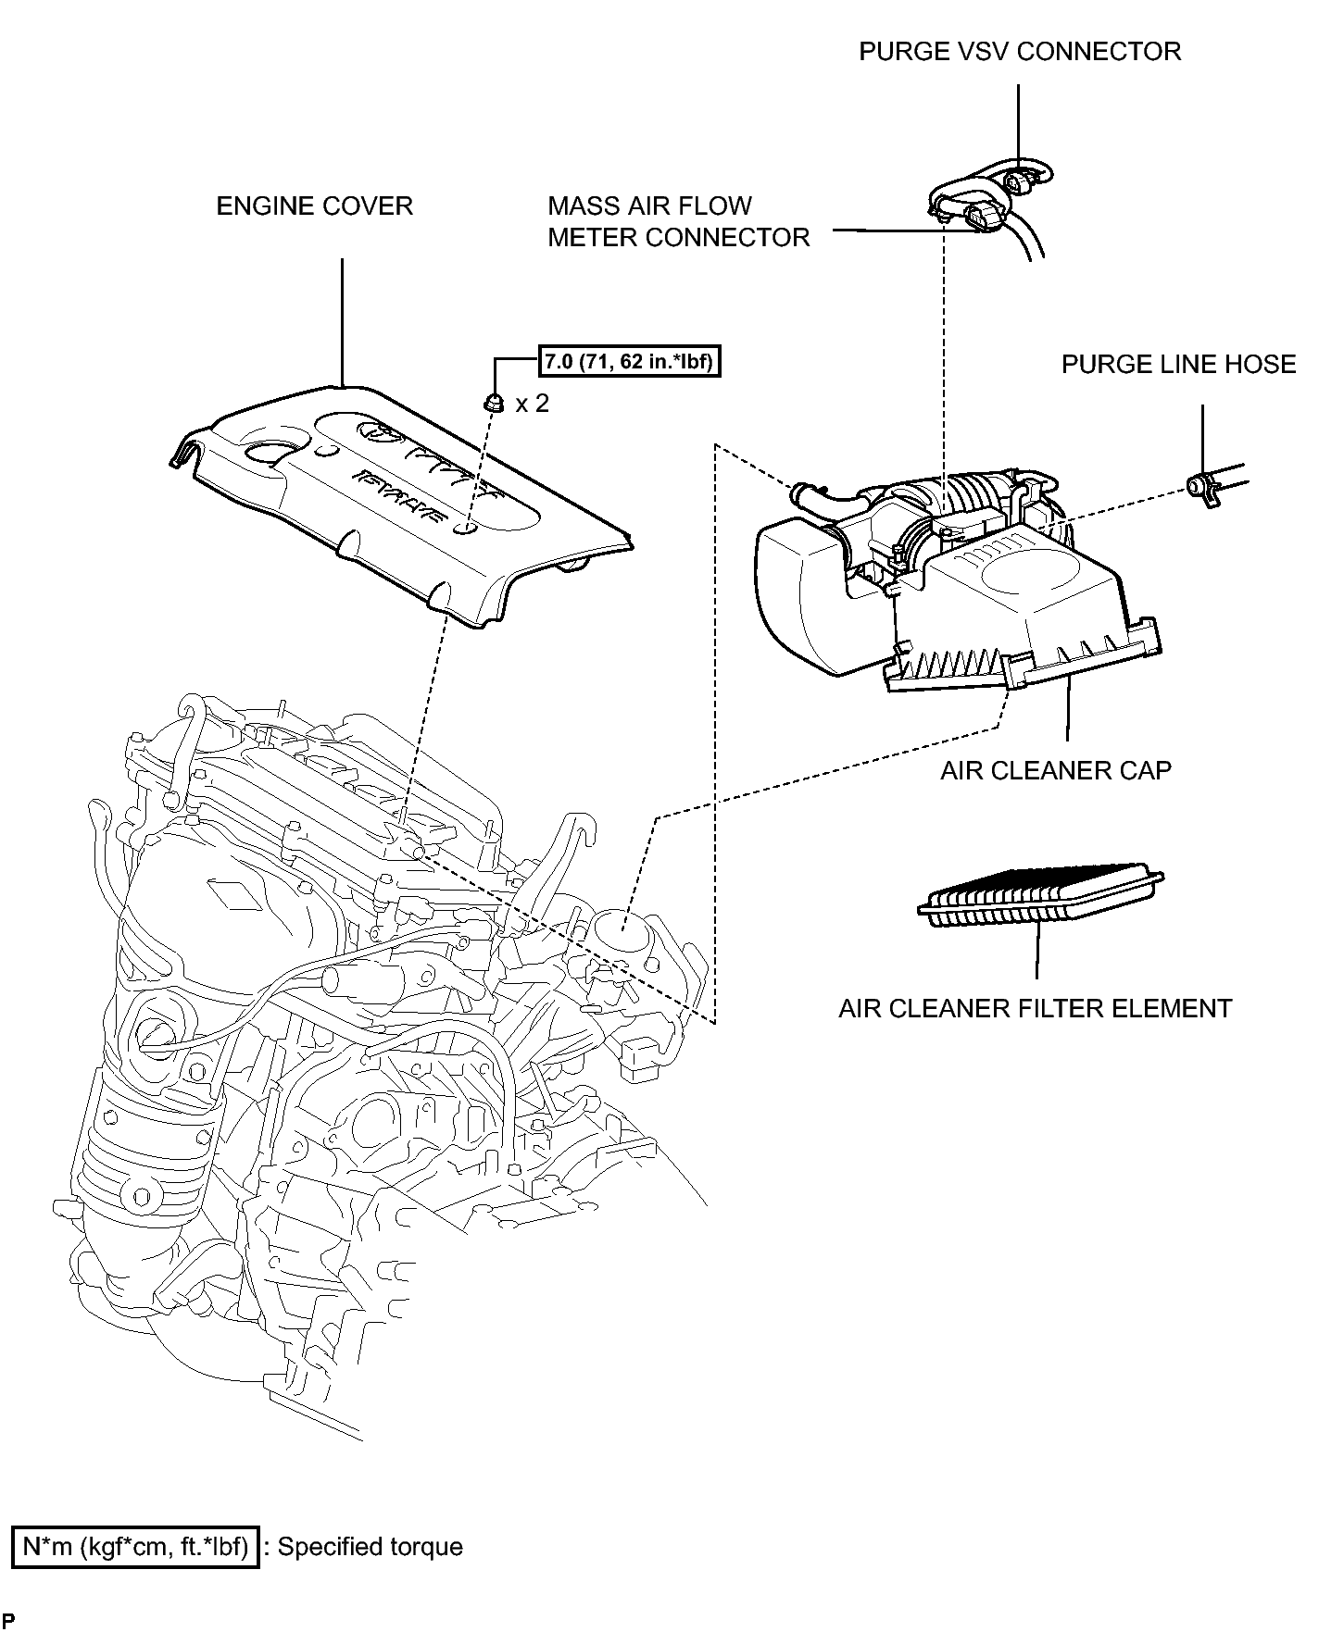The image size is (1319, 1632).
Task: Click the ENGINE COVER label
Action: pyautogui.click(x=314, y=206)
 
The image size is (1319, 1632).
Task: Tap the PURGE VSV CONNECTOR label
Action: pyautogui.click(x=1019, y=51)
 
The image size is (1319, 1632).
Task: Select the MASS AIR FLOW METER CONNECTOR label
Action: pyautogui.click(x=678, y=221)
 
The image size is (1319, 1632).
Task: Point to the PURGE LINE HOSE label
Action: pyautogui.click(x=1177, y=365)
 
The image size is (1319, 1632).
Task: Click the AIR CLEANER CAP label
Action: pyautogui.click(x=1055, y=770)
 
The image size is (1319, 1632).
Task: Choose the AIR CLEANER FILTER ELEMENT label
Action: pyautogui.click(x=1035, y=1008)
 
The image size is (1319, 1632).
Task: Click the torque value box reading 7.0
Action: pyautogui.click(x=629, y=361)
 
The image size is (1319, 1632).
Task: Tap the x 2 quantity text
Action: pyautogui.click(x=532, y=404)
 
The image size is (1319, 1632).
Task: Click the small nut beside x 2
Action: pyautogui.click(x=495, y=403)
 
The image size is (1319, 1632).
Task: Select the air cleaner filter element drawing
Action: pyautogui.click(x=1039, y=895)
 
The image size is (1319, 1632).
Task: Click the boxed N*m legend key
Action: pyautogui.click(x=134, y=1547)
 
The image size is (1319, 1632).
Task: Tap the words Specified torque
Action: pyautogui.click(x=370, y=1547)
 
